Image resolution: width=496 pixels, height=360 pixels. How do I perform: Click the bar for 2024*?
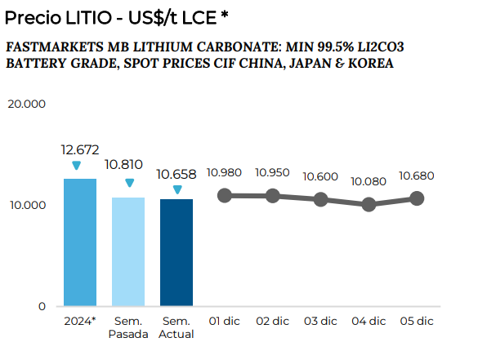pos(80,242)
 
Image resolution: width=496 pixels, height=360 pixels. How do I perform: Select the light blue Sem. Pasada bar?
pos(128,251)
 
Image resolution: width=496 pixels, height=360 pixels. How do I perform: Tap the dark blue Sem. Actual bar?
pos(177,252)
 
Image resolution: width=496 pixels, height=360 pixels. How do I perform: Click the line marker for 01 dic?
pos(225,196)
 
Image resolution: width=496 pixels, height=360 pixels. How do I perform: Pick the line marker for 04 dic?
pos(369,204)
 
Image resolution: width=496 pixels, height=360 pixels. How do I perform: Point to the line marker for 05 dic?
pos(417,198)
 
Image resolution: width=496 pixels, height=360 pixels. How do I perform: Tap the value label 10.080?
pos(369,181)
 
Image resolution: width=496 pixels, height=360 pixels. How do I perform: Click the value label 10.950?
pos(273,172)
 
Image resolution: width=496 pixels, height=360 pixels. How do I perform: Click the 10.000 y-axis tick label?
pos(27,205)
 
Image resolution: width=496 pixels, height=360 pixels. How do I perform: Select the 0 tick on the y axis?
pos(41,306)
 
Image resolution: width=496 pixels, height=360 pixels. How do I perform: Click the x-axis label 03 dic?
pos(321,322)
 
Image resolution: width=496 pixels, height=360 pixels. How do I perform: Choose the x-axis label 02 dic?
pos(273,322)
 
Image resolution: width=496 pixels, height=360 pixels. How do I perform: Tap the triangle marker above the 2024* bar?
pos(76,166)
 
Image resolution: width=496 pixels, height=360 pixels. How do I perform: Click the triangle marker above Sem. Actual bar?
pos(177,189)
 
